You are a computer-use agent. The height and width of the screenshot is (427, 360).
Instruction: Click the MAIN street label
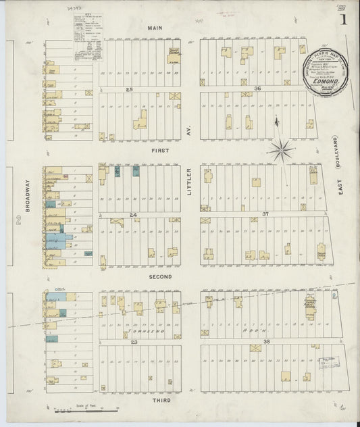(x=156, y=28)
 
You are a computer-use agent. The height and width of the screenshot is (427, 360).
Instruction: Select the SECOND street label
(x=161, y=276)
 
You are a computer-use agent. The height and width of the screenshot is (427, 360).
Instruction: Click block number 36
(x=257, y=89)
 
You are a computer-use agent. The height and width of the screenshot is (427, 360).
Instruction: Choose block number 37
(x=257, y=214)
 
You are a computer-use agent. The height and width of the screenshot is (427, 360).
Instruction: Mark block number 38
(x=257, y=341)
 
